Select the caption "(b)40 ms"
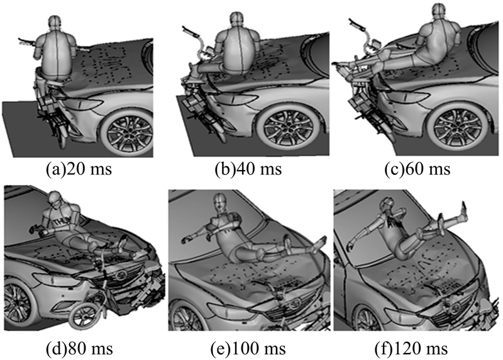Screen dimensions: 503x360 (248, 169)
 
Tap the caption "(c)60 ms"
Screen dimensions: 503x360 (417, 169)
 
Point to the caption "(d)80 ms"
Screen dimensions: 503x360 (80, 348)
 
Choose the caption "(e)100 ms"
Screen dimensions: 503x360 (248, 348)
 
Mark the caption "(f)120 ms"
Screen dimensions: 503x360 (411, 348)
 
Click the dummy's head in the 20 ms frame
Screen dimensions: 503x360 (54, 24)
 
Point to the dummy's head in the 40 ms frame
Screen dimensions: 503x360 (236, 21)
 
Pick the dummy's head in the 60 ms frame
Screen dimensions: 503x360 (439, 12)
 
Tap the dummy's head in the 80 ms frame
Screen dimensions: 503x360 (56, 199)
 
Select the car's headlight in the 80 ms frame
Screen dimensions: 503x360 (57, 279)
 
